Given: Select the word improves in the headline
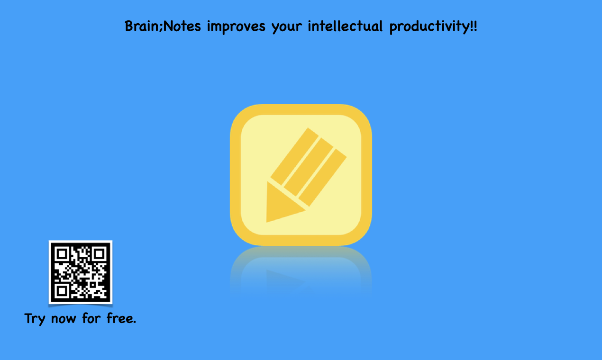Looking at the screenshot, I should [x=236, y=27].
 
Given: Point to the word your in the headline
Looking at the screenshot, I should [x=286, y=27].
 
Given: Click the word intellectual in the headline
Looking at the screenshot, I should [x=345, y=26].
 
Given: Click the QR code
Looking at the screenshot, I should [x=81, y=272].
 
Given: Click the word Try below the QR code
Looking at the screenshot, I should [x=35, y=318].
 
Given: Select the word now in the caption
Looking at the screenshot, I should [x=63, y=319].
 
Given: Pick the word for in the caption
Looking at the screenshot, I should [x=91, y=318].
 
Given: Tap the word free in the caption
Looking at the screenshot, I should [x=120, y=318].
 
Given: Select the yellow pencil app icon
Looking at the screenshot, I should [x=301, y=175].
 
